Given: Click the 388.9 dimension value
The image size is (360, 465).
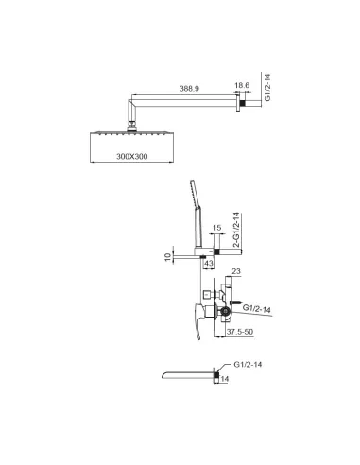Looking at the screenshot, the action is [x=189, y=89].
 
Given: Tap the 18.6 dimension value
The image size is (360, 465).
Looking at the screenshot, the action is [x=242, y=85].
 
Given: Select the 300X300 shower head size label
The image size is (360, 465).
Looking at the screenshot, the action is [x=132, y=156].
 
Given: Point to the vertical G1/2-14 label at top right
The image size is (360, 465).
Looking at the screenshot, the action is [x=267, y=87].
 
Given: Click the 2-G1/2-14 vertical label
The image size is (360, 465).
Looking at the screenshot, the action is [x=237, y=231].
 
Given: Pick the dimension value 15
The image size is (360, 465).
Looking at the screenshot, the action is [x=217, y=228].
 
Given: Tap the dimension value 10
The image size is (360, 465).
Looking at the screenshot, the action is [x=168, y=257].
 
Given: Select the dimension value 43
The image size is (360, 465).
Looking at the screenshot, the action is [x=209, y=263].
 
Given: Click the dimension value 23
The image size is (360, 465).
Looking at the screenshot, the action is [x=236, y=271].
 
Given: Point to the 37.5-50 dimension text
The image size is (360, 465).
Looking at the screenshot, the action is [x=240, y=332].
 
